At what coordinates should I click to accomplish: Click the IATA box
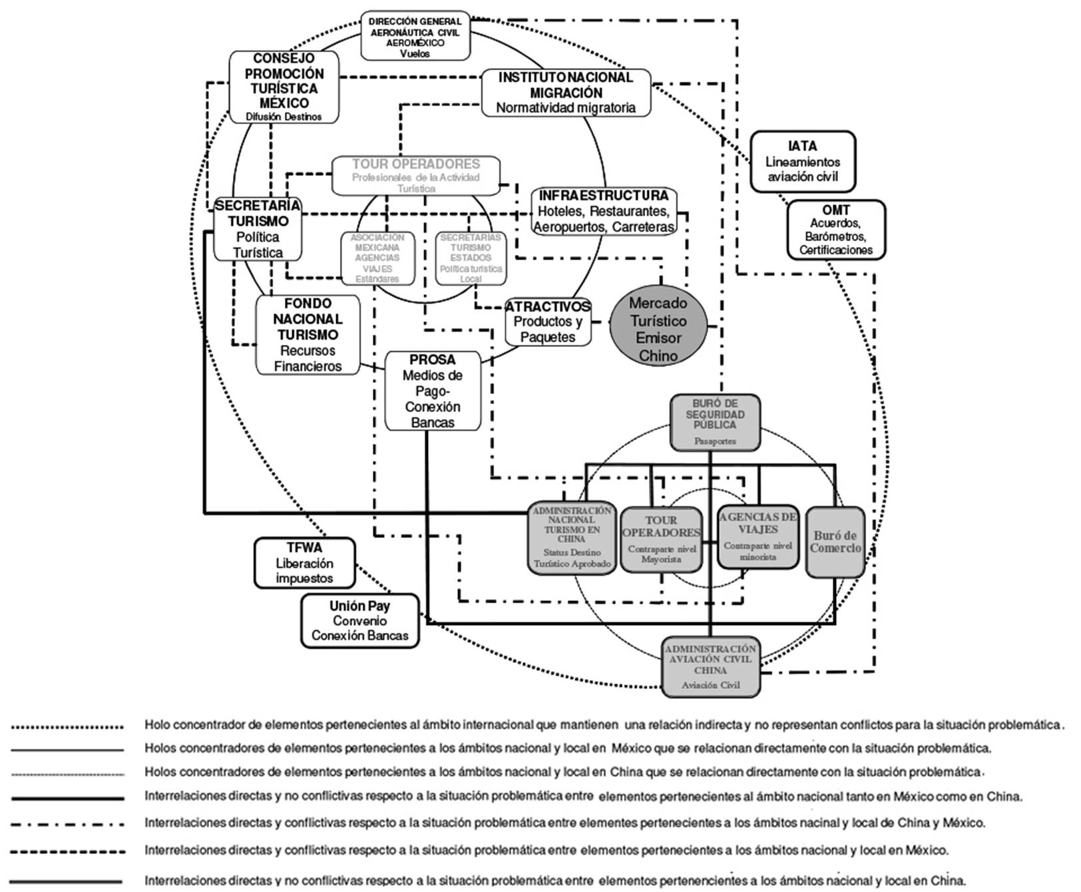pyautogui.click(x=802, y=161)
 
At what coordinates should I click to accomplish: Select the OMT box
pyautogui.click(x=836, y=230)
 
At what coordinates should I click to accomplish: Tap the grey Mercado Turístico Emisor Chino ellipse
pyautogui.click(x=658, y=329)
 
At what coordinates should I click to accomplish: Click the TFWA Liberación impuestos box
pyautogui.click(x=304, y=563)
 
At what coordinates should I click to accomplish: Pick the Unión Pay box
pyautogui.click(x=360, y=620)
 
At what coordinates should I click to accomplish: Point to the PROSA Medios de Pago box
pyautogui.click(x=433, y=391)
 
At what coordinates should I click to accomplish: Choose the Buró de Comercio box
pyautogui.click(x=835, y=542)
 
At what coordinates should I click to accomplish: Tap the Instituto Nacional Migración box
pyautogui.click(x=565, y=93)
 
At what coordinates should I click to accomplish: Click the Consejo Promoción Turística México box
pyautogui.click(x=284, y=87)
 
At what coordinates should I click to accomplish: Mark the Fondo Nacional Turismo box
pyautogui.click(x=308, y=335)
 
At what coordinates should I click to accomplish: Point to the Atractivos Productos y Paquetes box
pyautogui.click(x=548, y=322)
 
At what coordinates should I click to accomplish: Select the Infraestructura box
pyautogui.click(x=604, y=211)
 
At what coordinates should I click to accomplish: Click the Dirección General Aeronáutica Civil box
pyautogui.click(x=415, y=37)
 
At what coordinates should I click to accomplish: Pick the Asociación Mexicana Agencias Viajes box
pyautogui.click(x=377, y=258)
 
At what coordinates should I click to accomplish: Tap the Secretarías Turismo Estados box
pyautogui.click(x=471, y=258)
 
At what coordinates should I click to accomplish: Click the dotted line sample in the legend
pyautogui.click(x=67, y=726)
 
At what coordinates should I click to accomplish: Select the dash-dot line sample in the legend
pyautogui.click(x=67, y=823)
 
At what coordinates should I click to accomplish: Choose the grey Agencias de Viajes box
pyautogui.click(x=758, y=537)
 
